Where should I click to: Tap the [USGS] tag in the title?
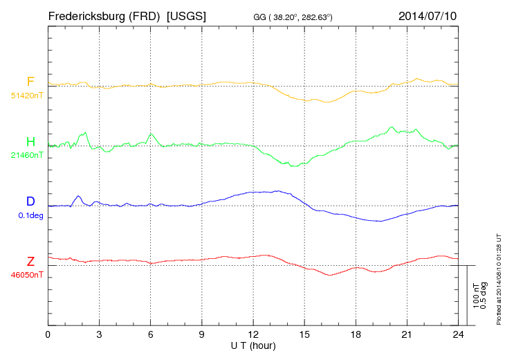coord(186,15)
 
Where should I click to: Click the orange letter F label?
coord(30,82)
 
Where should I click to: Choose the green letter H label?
coord(30,142)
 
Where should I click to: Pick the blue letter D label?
coord(30,201)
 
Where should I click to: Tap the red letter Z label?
coord(30,262)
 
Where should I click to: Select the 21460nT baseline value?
coord(26,155)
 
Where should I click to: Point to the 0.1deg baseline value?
coord(30,215)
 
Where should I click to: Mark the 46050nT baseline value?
coord(26,275)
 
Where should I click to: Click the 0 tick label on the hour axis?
coord(48,335)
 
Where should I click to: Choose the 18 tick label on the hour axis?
coord(356,335)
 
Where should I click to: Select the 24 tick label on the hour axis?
coord(458,335)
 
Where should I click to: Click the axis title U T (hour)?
coord(253,345)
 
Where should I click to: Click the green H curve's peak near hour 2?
coord(85,132)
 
